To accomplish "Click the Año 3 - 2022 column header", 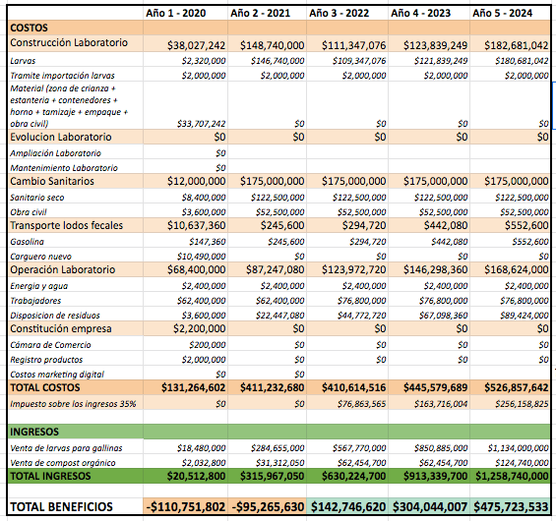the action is click(x=339, y=13).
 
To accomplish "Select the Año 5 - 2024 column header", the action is click(x=502, y=13).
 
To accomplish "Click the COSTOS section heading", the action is click(x=29, y=28).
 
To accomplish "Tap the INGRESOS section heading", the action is click(x=34, y=432).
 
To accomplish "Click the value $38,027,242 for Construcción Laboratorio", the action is click(x=196, y=45).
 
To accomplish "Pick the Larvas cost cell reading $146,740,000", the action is click(x=278, y=61).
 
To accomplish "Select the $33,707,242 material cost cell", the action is click(x=201, y=124).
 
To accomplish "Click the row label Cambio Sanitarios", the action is click(x=52, y=181).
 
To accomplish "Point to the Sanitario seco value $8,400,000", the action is click(x=204, y=198).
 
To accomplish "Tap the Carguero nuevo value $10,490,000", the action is click(x=201, y=256).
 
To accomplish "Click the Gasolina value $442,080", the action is click(x=450, y=242).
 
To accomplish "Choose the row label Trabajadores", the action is click(x=35, y=301).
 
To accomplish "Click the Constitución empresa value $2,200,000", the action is click(x=199, y=328).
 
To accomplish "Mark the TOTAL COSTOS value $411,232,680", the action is click(x=272, y=387).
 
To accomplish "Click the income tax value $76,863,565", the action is click(x=361, y=404).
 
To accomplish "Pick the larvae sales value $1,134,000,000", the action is click(x=518, y=448).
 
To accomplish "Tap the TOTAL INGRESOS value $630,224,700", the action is click(x=353, y=476).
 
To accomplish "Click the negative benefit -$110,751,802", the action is click(x=185, y=507).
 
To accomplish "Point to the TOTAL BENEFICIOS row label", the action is click(x=61, y=507).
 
